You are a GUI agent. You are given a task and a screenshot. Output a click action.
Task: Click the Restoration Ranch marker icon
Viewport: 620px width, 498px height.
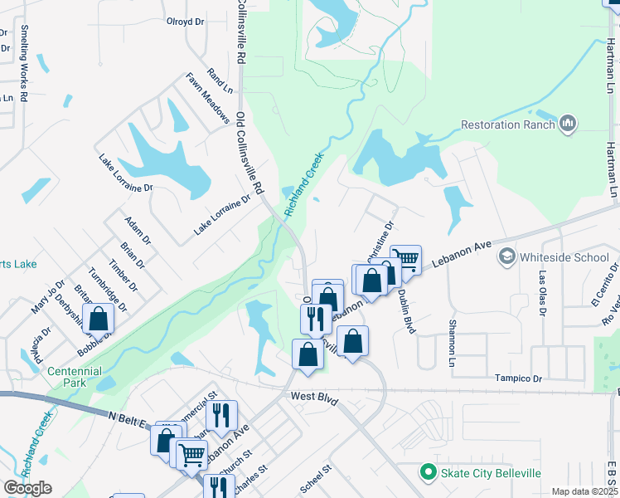pyautogui.click(x=568, y=124)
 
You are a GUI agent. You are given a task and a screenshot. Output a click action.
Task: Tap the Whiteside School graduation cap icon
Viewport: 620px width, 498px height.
pyautogui.click(x=505, y=257)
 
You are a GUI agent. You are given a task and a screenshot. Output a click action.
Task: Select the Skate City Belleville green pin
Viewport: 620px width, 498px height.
pyautogui.click(x=429, y=473)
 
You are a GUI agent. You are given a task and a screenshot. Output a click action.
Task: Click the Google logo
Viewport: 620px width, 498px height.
pyautogui.click(x=27, y=488)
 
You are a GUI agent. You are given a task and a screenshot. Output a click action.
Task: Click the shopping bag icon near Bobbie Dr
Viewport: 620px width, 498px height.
pyautogui.click(x=98, y=318)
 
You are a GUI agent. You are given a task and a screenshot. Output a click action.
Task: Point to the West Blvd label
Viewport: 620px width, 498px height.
pyautogui.click(x=314, y=398)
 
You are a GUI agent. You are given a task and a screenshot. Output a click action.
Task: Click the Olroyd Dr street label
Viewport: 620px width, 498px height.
pyautogui.click(x=185, y=21)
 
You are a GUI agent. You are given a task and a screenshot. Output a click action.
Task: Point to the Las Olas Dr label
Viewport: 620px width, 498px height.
pyautogui.click(x=543, y=294)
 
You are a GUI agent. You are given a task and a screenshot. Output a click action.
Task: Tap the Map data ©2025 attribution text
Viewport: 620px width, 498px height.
pyautogui.click(x=584, y=491)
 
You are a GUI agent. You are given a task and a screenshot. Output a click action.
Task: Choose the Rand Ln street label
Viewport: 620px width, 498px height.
pyautogui.click(x=220, y=80)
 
